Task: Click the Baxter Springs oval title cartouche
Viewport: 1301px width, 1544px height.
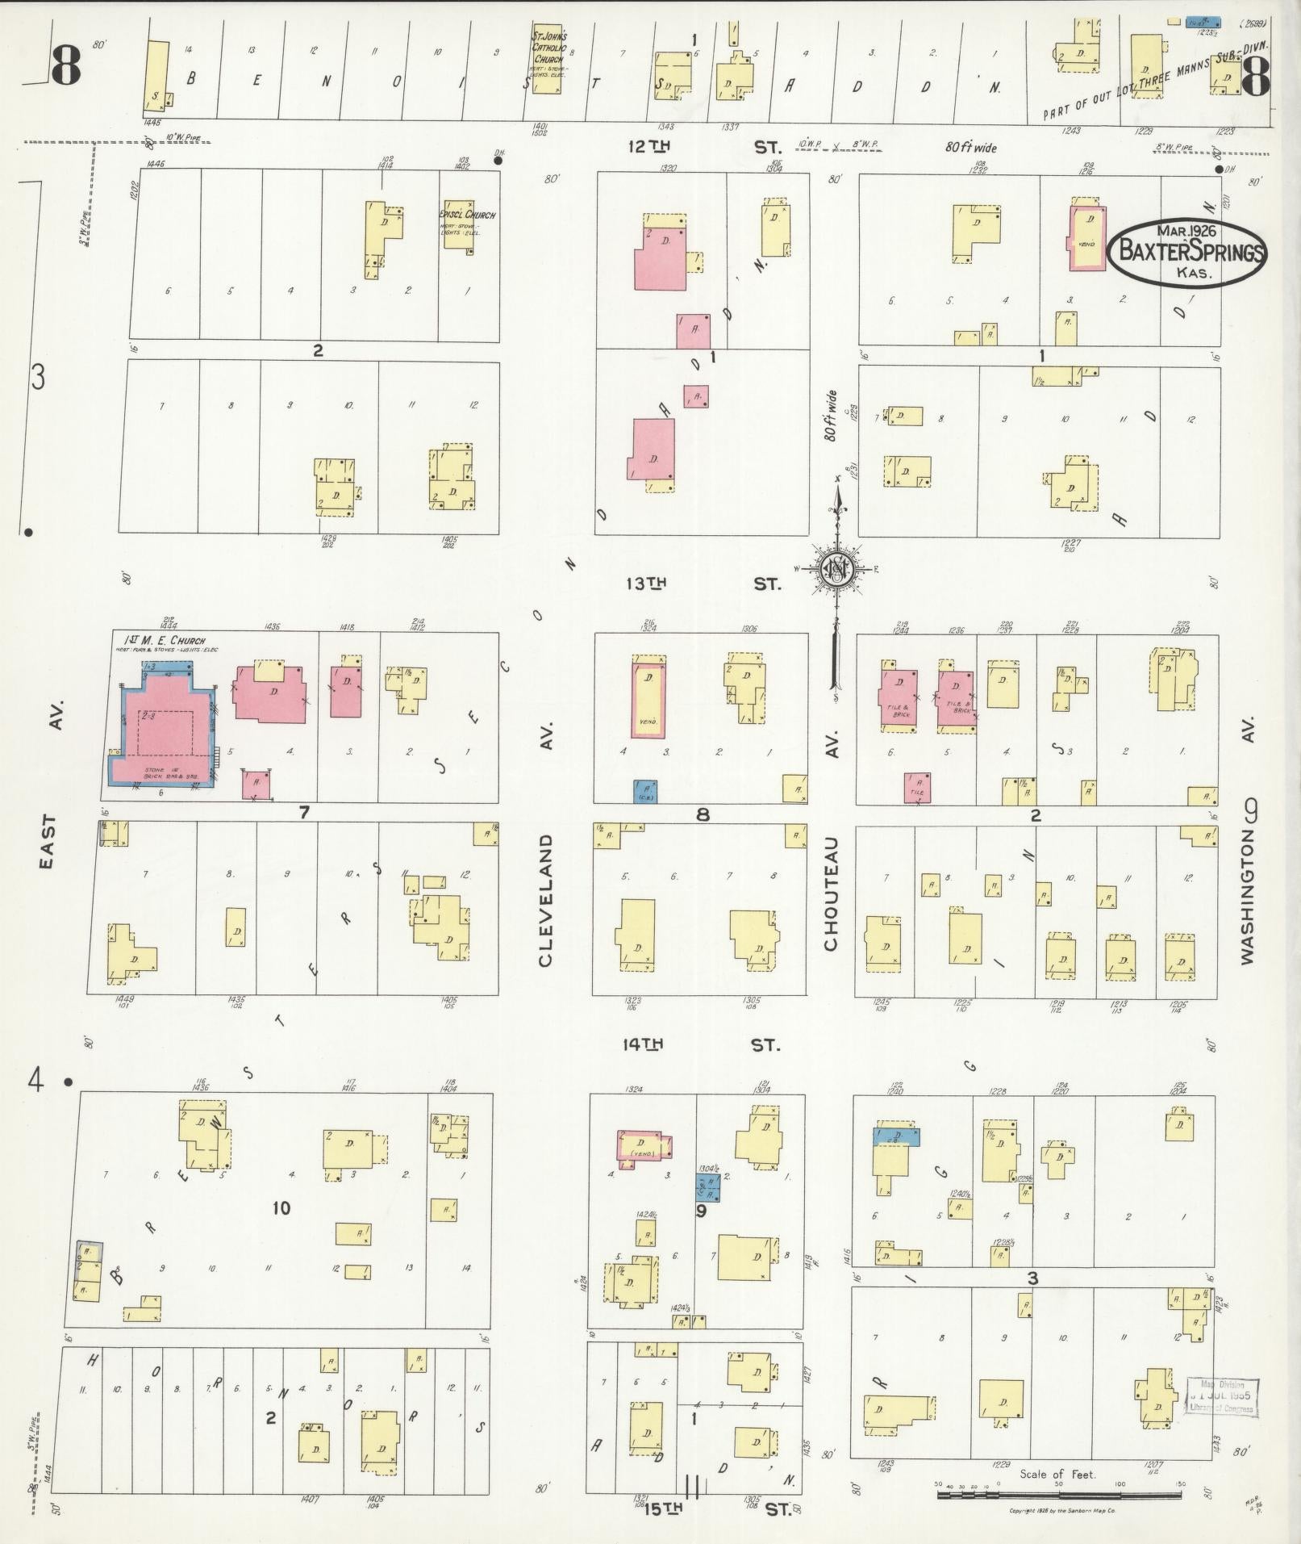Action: (x=1186, y=251)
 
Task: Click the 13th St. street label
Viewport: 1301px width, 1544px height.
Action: (x=703, y=583)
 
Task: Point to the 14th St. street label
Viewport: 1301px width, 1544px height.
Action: (x=703, y=1044)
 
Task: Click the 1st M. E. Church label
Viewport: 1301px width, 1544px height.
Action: (x=165, y=640)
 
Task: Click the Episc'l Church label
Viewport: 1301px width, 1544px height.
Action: (x=467, y=215)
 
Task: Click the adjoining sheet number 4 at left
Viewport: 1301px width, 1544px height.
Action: (x=35, y=1079)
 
